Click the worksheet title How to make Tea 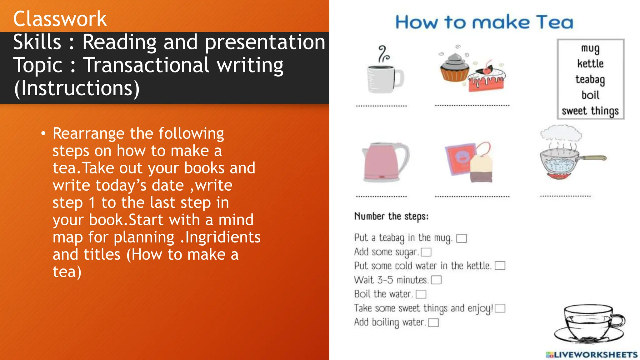(x=484, y=22)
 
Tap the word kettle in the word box (x=590, y=64)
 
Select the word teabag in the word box (x=590, y=79)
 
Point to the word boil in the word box (x=590, y=95)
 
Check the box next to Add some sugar (x=426, y=252)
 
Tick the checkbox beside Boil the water (x=421, y=294)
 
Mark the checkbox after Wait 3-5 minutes (x=436, y=280)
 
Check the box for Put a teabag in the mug (x=462, y=239)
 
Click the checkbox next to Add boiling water (x=433, y=322)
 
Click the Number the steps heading (x=391, y=216)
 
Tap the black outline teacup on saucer (x=589, y=323)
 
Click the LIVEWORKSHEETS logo (x=592, y=355)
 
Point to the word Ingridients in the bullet (x=223, y=237)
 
